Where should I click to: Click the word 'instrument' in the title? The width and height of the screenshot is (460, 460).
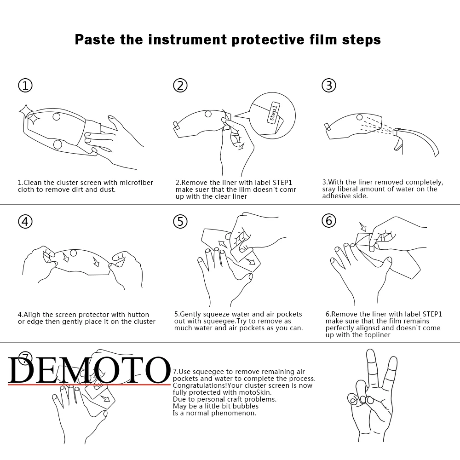click(188, 39)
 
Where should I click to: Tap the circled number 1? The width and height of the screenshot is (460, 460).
click(25, 86)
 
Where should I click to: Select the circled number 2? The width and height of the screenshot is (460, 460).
click(180, 86)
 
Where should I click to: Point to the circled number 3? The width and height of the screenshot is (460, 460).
click(329, 86)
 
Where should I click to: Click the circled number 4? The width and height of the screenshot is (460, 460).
click(25, 222)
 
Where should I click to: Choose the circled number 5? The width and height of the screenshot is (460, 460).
click(180, 222)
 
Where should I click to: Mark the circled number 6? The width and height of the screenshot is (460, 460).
click(329, 221)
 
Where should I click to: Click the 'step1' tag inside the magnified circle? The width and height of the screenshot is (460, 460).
click(273, 113)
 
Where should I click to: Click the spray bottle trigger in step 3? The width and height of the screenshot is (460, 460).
click(398, 144)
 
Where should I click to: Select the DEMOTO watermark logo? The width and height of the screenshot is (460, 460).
click(89, 370)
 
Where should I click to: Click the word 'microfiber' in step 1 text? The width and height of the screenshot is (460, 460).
click(136, 183)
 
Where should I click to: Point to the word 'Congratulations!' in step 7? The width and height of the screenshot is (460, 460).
click(200, 385)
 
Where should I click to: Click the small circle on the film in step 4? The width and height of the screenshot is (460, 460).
click(73, 253)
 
